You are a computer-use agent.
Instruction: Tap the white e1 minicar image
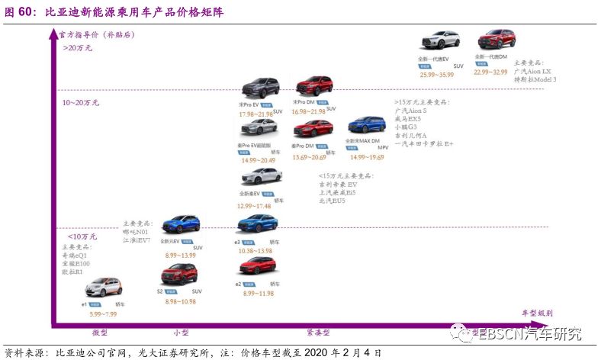(102, 287)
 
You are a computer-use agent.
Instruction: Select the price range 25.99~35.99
(436, 75)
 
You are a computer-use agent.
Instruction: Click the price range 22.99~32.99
(490, 72)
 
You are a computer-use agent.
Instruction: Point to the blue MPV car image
(367, 125)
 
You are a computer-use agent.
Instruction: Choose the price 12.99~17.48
(255, 207)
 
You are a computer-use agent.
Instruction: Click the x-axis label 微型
(100, 333)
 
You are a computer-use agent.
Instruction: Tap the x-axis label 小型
(181, 333)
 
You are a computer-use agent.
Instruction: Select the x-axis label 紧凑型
(318, 333)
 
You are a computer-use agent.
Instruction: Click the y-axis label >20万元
(77, 47)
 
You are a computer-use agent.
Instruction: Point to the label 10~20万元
(81, 102)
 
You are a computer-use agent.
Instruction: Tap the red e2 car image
(257, 265)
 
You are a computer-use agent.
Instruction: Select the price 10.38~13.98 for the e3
(254, 251)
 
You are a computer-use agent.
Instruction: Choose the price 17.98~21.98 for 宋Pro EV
(255, 114)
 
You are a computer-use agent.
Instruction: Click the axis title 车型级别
(537, 313)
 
